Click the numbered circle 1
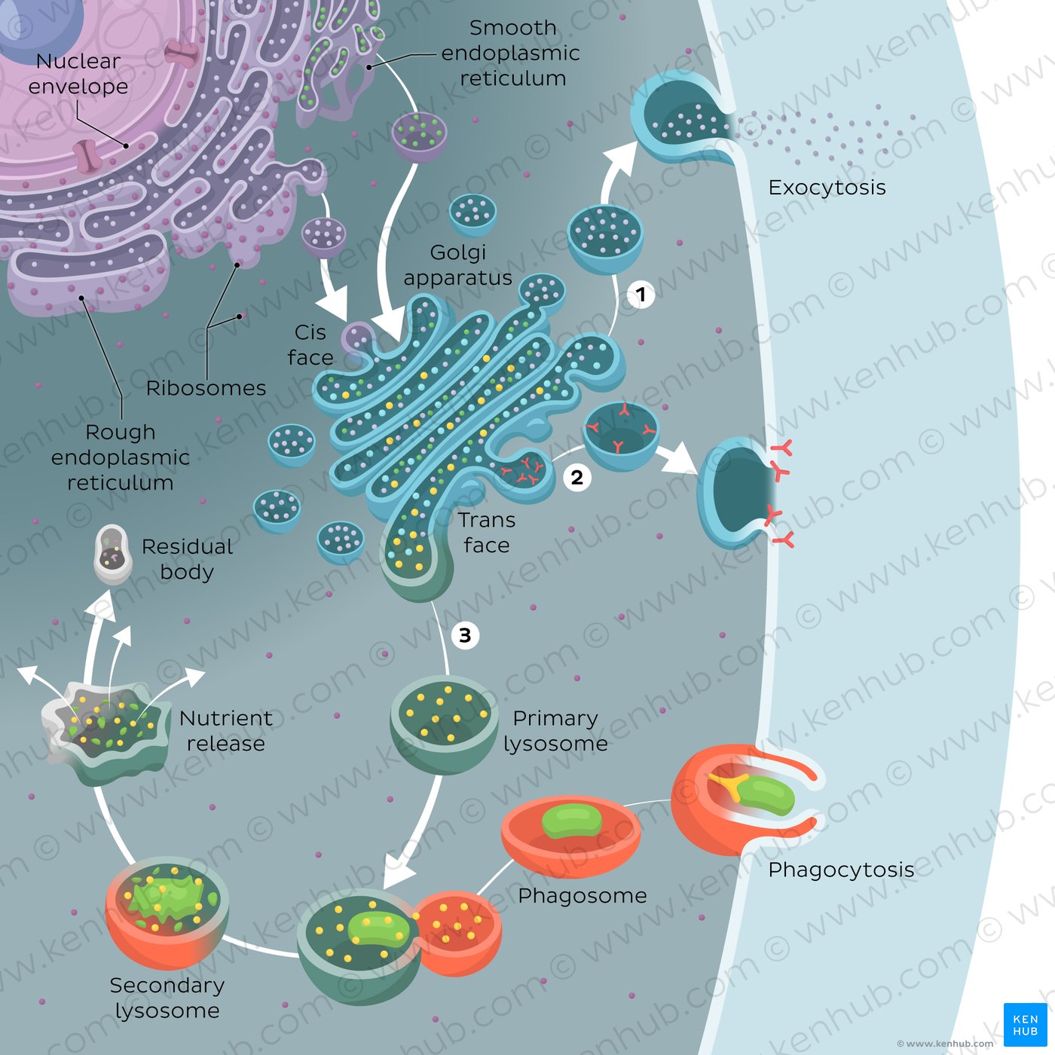point(641,294)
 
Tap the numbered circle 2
point(577,477)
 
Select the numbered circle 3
point(465,635)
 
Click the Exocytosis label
point(827,188)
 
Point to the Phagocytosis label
point(841,870)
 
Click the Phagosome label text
point(583,895)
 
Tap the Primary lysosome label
point(555,731)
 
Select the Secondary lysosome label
point(167,998)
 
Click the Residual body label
point(187,559)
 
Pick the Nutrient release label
point(225,731)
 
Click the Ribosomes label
point(206,388)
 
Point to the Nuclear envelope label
point(78,74)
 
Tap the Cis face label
point(310,345)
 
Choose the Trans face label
point(487,533)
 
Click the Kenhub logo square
point(1025,1025)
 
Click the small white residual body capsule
point(112,555)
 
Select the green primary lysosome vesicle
point(444,724)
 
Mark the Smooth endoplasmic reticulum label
point(512,53)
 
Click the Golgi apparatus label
point(457,265)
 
